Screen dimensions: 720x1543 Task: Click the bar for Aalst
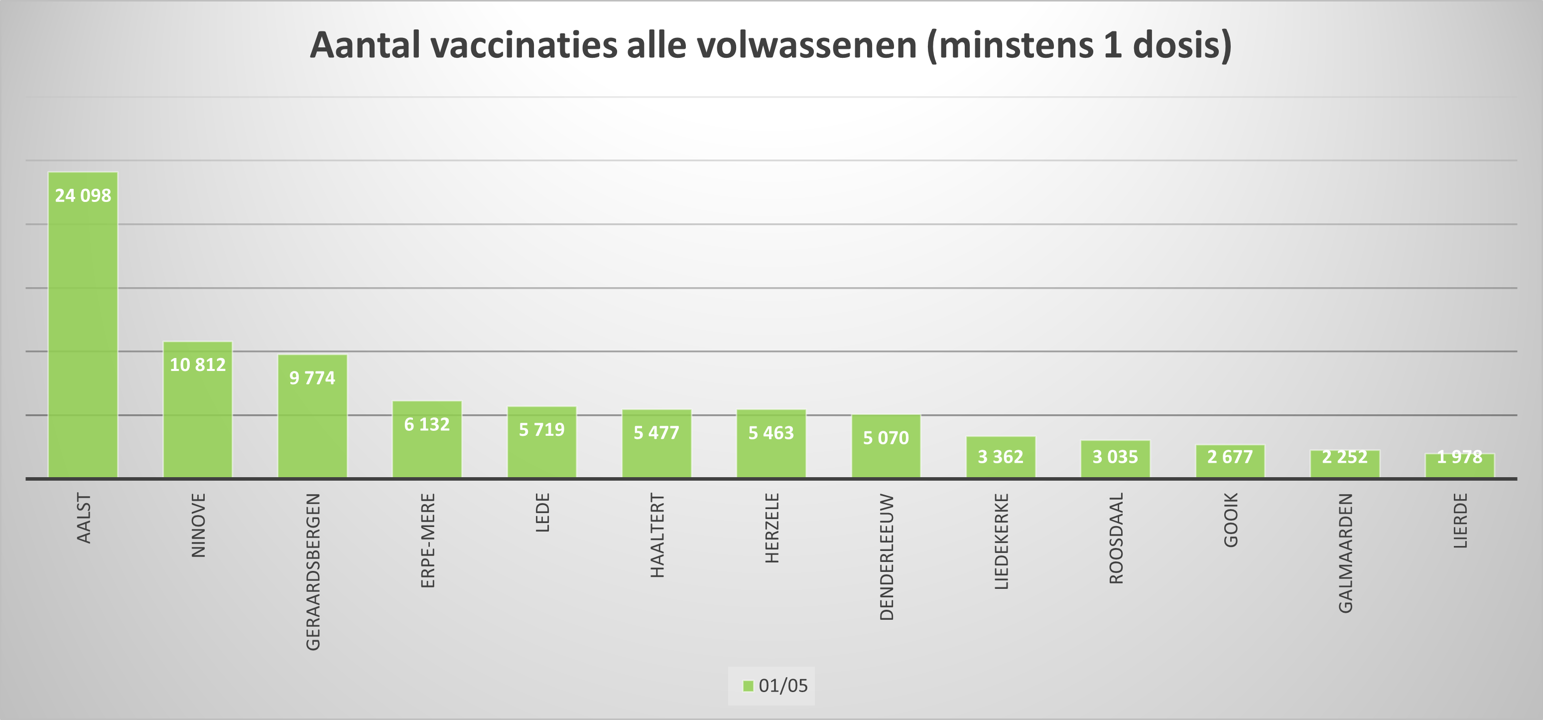(83, 336)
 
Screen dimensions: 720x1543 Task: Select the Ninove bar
(198, 420)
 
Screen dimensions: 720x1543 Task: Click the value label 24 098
(83, 195)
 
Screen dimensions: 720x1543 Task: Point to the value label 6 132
(426, 424)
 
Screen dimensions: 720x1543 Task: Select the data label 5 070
(886, 438)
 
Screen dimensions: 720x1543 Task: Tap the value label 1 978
(1459, 457)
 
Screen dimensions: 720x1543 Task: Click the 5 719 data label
(541, 430)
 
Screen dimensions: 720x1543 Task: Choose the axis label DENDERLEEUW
(887, 557)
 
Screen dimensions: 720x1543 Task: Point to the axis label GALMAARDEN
(1345, 553)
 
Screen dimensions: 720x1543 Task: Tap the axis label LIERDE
(1460, 521)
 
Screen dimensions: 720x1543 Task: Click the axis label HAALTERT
(657, 536)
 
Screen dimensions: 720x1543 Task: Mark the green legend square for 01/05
(748, 686)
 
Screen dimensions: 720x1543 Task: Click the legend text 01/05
(783, 686)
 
